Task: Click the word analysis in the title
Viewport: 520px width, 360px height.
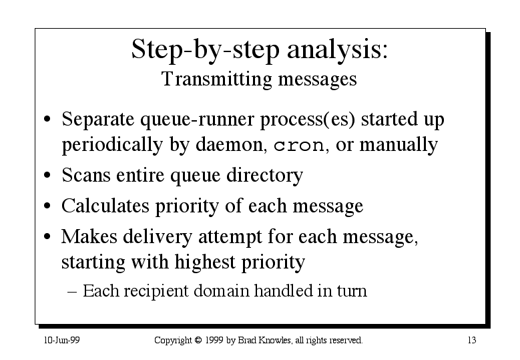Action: click(337, 51)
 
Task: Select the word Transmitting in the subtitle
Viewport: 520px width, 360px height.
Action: click(217, 80)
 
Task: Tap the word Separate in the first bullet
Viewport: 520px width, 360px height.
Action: click(98, 120)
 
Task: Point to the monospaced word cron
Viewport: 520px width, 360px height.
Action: click(299, 146)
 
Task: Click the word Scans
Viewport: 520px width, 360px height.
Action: click(86, 175)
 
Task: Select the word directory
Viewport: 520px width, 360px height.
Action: click(264, 176)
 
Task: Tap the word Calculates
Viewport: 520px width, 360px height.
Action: click(105, 206)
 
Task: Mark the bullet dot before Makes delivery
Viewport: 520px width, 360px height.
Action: click(47, 236)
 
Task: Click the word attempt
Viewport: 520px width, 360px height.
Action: click(230, 238)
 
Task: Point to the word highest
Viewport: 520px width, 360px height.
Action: click(205, 262)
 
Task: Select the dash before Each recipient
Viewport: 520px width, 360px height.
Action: click(72, 292)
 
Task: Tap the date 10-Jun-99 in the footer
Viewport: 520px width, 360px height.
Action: click(62, 341)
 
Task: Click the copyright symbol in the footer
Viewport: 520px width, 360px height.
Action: click(198, 341)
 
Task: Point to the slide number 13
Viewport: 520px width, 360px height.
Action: click(472, 341)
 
